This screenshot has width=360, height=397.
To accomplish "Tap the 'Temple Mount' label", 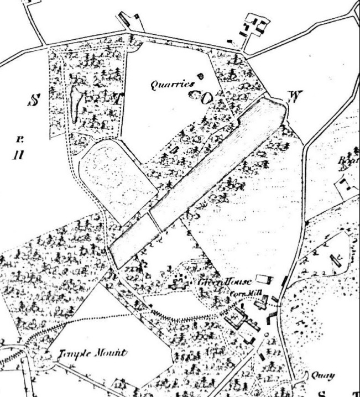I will pos(93,353).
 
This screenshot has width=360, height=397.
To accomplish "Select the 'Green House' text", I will pos(224,282).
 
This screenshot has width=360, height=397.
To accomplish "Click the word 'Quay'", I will pos(323,375).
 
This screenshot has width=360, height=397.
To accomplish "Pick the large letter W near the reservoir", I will pos(295,97).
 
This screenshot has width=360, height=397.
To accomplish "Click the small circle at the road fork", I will pos(266,334).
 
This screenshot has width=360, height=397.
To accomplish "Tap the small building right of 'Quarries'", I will pos(200,76).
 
